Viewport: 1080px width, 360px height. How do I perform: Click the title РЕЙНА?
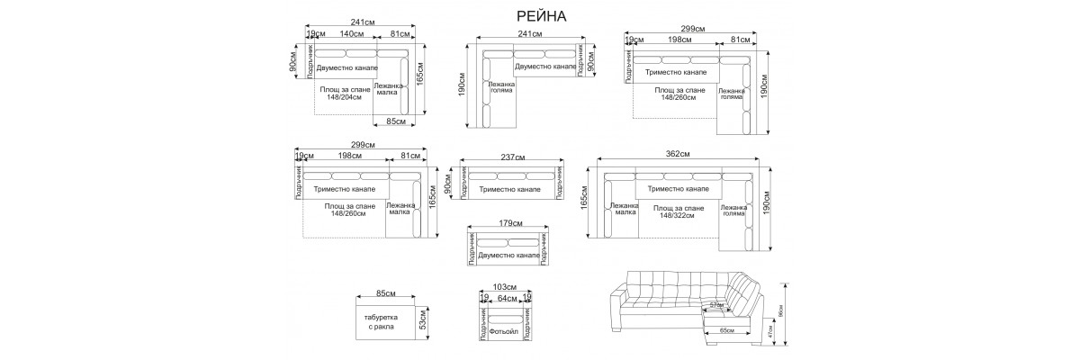pyautogui.click(x=542, y=15)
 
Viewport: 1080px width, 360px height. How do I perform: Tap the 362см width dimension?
pyautogui.click(x=678, y=155)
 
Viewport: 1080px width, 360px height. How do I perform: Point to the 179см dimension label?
pyautogui.click(x=509, y=222)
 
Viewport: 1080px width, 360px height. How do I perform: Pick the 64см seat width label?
pyautogui.click(x=507, y=298)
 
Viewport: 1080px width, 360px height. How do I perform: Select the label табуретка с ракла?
pyautogui.click(x=380, y=323)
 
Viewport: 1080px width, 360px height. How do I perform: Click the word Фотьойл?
pyautogui.click(x=506, y=333)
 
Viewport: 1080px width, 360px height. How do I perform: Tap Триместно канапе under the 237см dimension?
pyautogui.click(x=510, y=190)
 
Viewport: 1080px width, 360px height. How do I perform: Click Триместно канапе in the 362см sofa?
pyautogui.click(x=678, y=190)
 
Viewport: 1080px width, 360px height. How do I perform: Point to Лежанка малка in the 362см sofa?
pyautogui.click(x=624, y=211)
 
